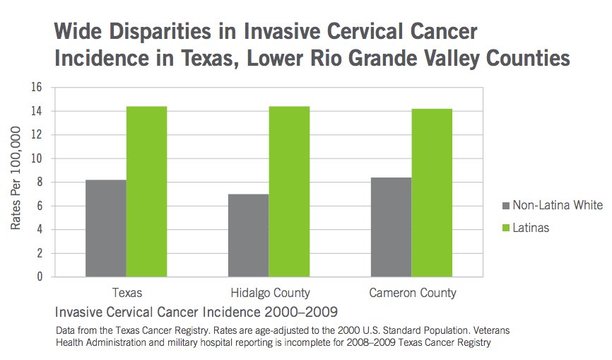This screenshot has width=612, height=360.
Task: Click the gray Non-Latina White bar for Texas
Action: coord(105,228)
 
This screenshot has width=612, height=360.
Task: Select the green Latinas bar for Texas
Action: coord(147,191)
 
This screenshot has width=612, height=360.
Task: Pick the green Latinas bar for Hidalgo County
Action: coord(289,191)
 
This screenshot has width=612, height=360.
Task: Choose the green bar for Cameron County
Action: coord(432,192)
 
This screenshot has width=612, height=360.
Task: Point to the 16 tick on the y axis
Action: coord(37,88)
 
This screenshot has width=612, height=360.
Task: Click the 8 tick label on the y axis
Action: coord(40,182)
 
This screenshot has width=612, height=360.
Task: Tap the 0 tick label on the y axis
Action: coord(40,277)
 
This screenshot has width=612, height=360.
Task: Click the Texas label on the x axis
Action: coord(126,293)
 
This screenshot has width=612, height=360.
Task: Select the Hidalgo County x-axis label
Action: coord(269,293)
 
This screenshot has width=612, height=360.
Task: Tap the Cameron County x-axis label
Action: coord(412,293)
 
